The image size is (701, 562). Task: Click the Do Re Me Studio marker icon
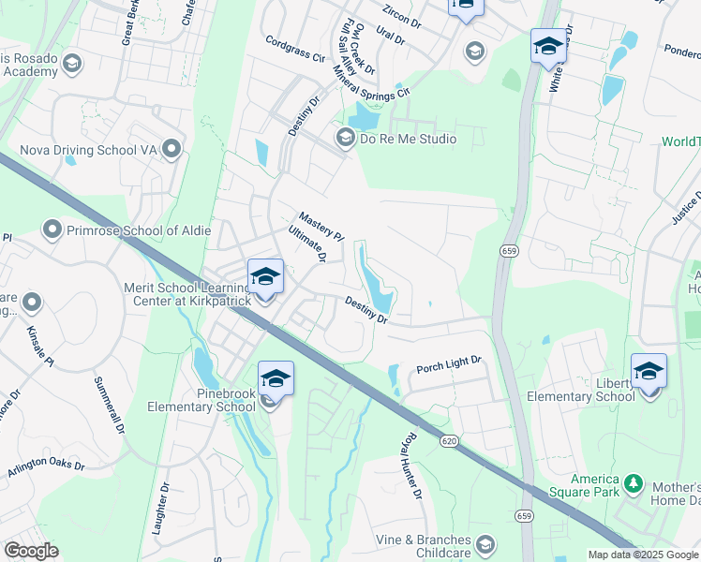coord(345,139)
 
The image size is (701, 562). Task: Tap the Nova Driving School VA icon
coord(171,149)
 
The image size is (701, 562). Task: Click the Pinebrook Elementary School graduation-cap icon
coord(276,378)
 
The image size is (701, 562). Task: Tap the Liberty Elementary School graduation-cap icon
coord(649,372)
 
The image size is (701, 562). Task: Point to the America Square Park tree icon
coord(634,484)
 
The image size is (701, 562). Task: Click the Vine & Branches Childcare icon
coord(485,544)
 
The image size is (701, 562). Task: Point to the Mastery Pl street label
coord(321,225)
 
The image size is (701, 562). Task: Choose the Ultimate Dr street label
coord(307,243)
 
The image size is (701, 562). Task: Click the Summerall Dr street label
coord(109,405)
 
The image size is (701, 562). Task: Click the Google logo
coord(31,551)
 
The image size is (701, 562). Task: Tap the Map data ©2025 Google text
coord(643,555)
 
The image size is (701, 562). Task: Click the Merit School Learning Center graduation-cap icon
coord(266,275)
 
